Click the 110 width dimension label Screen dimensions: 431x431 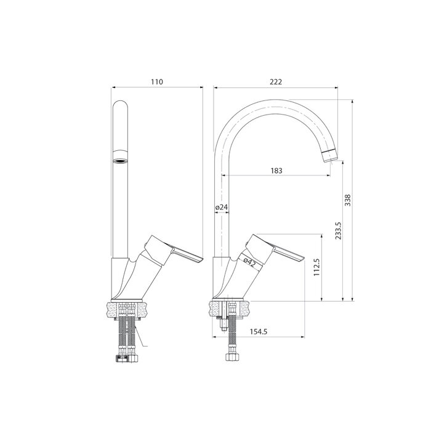click(156, 82)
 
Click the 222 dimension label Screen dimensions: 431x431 click(276, 82)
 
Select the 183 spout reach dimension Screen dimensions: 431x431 click(276, 171)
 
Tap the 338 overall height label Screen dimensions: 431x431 click(348, 200)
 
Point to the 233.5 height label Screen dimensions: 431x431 click(338, 231)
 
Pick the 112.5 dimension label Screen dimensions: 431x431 click(316, 267)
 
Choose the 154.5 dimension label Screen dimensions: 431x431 click(259, 332)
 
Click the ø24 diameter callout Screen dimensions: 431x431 click(222, 207)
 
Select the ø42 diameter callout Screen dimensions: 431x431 click(249, 262)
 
